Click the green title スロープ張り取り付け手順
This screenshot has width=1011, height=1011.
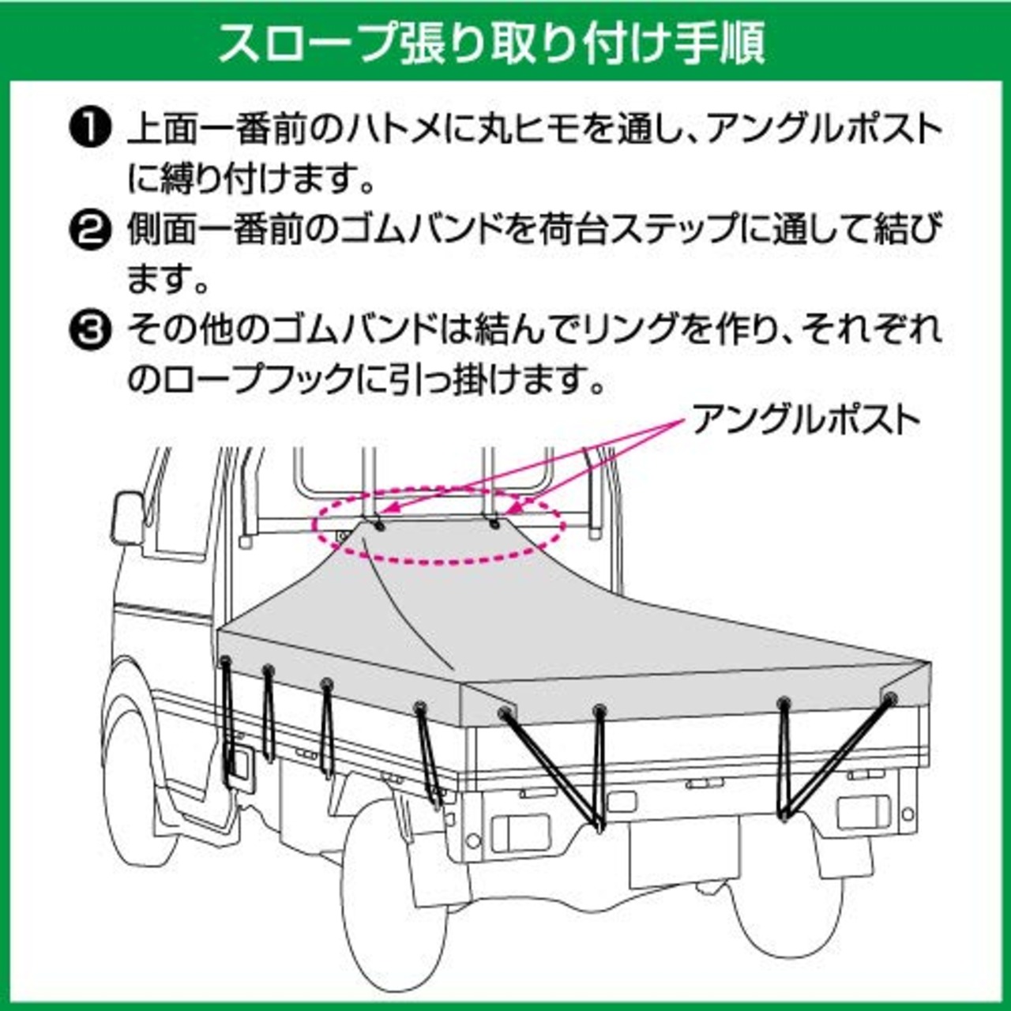(491, 43)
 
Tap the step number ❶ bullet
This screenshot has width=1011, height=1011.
(90, 130)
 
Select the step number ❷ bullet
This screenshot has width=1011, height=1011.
(90, 231)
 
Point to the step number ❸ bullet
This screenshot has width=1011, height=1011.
(90, 332)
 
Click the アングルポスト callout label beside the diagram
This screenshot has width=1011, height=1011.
(806, 420)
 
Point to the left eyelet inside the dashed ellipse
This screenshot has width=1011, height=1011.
(379, 526)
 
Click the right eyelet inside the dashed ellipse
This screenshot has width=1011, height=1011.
(494, 524)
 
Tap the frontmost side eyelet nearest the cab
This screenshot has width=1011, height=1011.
(226, 661)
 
